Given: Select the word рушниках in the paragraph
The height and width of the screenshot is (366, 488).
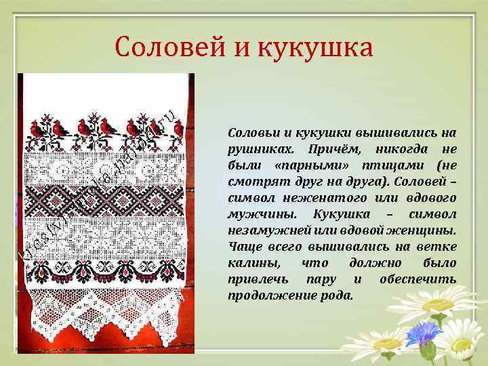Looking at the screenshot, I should click(x=257, y=148).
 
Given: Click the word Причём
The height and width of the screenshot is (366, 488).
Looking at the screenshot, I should click(x=331, y=148).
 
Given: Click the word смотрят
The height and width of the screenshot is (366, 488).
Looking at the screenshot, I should click(x=254, y=181).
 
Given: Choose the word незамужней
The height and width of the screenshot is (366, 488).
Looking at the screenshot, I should click(x=262, y=230).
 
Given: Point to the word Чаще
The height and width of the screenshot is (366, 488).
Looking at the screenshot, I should click(x=241, y=246).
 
